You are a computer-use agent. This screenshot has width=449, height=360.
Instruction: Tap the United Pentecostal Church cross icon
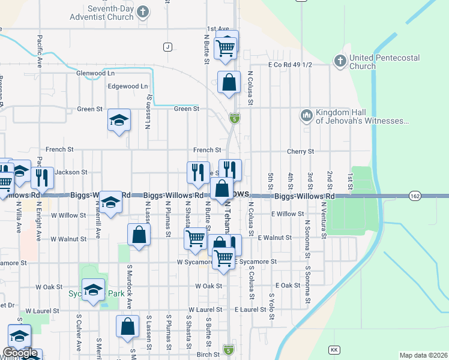pyautogui.click(x=340, y=61)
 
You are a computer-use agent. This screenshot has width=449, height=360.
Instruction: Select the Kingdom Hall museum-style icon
pyautogui.click(x=306, y=115)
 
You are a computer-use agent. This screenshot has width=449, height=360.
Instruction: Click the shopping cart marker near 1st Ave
pyautogui.click(x=226, y=47)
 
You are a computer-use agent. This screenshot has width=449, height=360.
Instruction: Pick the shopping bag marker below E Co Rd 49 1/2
pyautogui.click(x=229, y=83)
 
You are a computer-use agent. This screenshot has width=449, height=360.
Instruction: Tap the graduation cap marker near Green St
pyautogui.click(x=119, y=120)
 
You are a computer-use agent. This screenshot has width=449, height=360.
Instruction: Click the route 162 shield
pyautogui.click(x=415, y=196)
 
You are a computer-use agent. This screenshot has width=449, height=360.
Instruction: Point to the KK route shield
pyautogui.click(x=334, y=349)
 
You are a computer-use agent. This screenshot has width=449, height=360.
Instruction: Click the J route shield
pyautogui.click(x=167, y=47)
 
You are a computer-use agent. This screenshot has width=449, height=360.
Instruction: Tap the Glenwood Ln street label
pyautogui.click(x=95, y=73)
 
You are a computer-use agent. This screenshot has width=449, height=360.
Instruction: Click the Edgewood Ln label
pyautogui.click(x=127, y=86)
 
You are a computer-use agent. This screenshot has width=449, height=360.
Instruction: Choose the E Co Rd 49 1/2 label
pyautogui.click(x=291, y=65)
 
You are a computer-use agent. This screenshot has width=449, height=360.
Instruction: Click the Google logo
pyautogui.click(x=20, y=353)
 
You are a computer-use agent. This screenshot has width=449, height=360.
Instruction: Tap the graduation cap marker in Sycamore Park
pyautogui.click(x=93, y=291)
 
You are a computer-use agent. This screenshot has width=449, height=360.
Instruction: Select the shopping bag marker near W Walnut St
pyautogui.click(x=139, y=235)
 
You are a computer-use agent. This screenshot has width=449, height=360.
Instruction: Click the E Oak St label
pyautogui.click(x=287, y=286)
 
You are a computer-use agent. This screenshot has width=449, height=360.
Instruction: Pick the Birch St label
pyautogui.click(x=208, y=355)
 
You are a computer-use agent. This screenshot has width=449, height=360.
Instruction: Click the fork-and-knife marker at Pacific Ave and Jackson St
pyautogui.click(x=42, y=178)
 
